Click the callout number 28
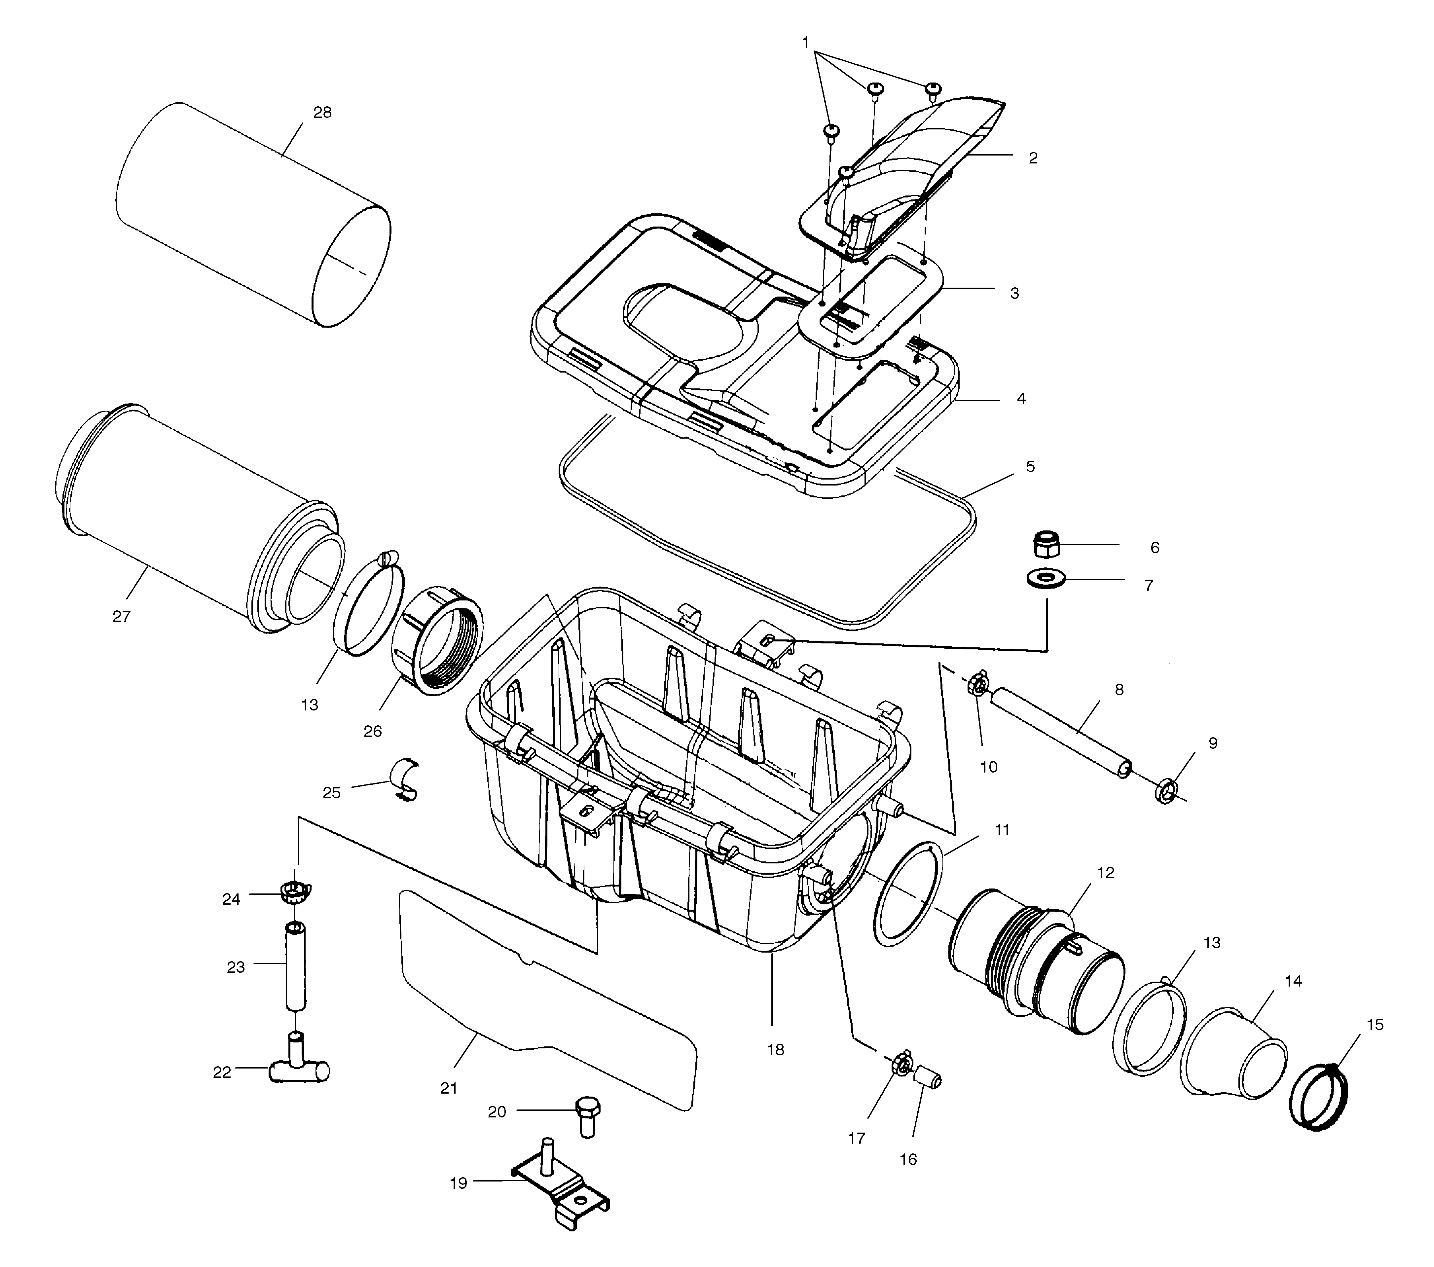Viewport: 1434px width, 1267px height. coord(321,113)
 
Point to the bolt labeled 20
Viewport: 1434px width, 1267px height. coord(587,1114)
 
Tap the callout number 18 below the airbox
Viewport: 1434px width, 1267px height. coord(776,1049)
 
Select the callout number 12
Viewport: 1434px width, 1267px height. coord(1104,871)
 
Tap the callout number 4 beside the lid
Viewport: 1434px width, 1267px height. coord(1020,398)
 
